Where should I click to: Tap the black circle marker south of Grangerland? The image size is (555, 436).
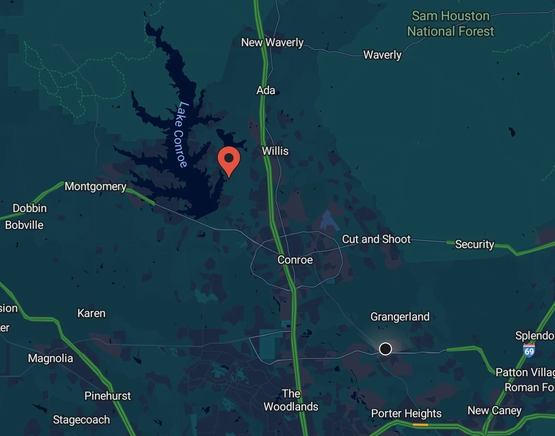click(385, 349)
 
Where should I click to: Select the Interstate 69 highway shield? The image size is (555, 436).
click(529, 351)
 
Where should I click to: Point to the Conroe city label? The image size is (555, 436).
click(295, 260)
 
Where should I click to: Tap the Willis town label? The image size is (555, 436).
click(275, 151)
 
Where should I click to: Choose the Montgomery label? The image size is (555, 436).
click(95, 186)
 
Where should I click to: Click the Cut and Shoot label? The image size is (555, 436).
click(376, 239)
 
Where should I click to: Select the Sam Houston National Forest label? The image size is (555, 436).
click(451, 24)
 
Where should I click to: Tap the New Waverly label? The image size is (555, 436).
click(272, 43)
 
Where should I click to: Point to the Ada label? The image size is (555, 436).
click(266, 90)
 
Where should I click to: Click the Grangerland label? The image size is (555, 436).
click(400, 317)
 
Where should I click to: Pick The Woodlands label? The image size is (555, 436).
click(291, 400)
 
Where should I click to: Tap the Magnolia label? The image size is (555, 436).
click(51, 358)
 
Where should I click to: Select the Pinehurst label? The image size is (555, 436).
click(108, 396)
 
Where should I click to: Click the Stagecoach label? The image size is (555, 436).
click(81, 420)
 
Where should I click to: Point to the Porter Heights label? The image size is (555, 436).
click(406, 413)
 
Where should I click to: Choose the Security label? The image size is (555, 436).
click(474, 244)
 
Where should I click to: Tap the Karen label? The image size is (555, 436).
click(91, 313)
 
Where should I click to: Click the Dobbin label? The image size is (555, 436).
click(30, 208)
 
